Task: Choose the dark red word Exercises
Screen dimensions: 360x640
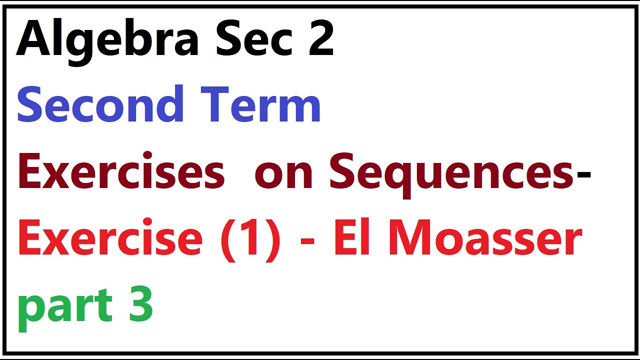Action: click(x=121, y=172)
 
